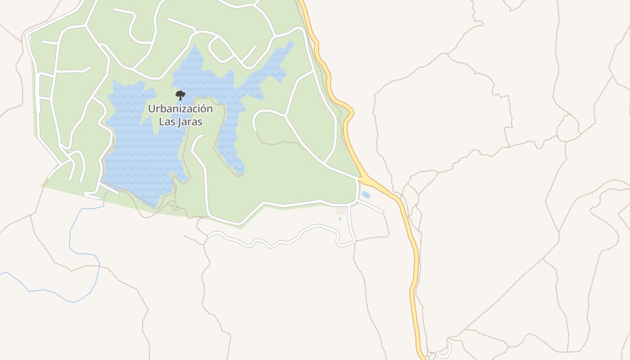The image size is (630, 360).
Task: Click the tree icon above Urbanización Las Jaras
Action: tap(180, 95)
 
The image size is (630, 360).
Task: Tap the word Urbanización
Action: tap(180, 109)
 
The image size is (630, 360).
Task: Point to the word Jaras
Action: tap(189, 122)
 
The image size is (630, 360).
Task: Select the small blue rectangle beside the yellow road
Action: tap(366, 195)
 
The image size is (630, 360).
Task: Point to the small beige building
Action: tap(341, 211)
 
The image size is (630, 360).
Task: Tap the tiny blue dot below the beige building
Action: tap(340, 219)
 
